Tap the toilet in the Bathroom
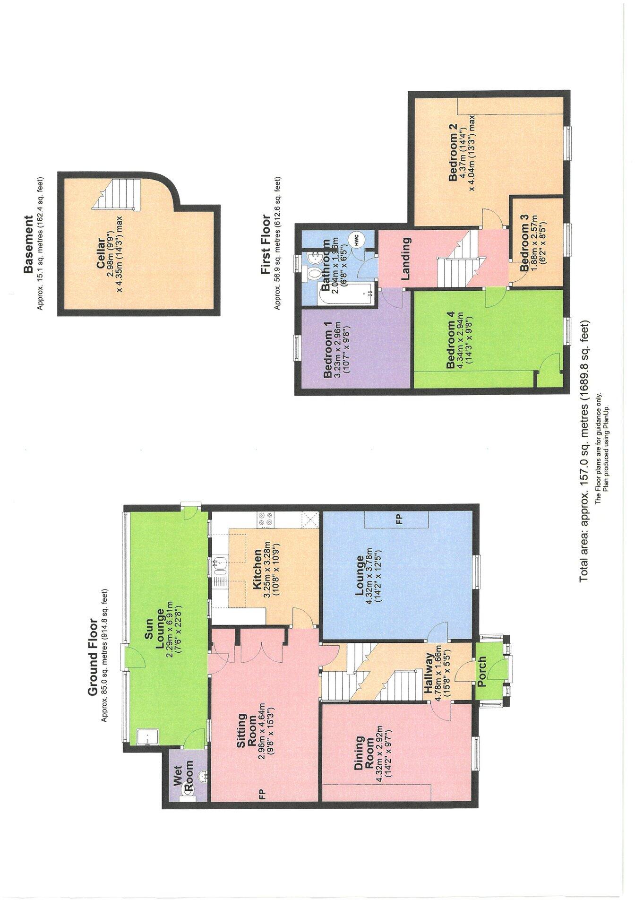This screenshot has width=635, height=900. pos(312,273)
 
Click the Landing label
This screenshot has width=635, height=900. pos(405,259)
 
